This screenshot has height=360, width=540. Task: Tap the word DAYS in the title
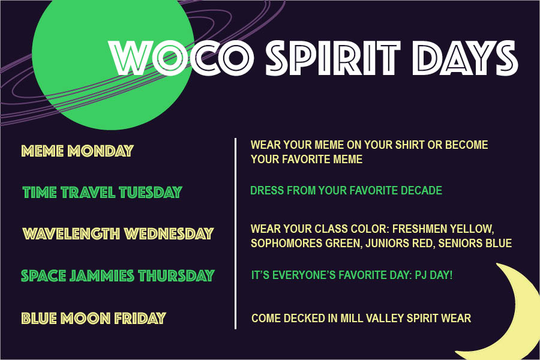(x=465, y=58)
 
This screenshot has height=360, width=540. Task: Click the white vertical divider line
(x=236, y=233)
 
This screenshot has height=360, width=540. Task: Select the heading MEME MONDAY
(x=77, y=151)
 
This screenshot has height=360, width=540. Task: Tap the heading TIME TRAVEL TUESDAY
(x=102, y=192)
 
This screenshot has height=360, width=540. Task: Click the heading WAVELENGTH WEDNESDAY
(x=118, y=234)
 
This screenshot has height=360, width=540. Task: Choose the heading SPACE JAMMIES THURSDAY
(x=118, y=276)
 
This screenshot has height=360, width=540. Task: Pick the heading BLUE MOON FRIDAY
(x=94, y=318)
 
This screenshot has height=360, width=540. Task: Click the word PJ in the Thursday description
(x=421, y=275)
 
